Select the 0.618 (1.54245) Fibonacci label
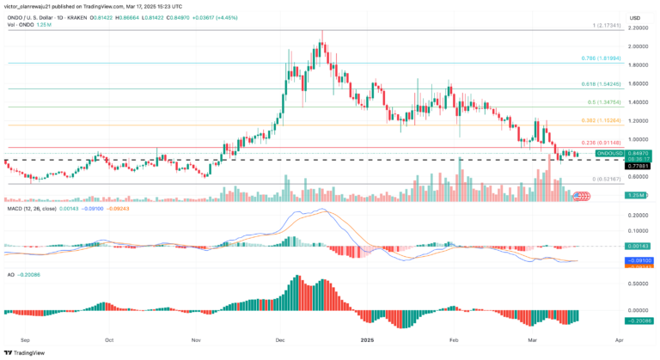pyautogui.click(x=600, y=84)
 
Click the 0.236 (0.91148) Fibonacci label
pyautogui.click(x=601, y=143)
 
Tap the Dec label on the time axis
pyautogui.click(x=278, y=339)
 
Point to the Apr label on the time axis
pyautogui.click(x=620, y=339)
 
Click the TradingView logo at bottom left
pyautogui.click(x=26, y=351)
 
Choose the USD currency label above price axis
pyautogui.click(x=634, y=17)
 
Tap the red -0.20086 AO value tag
pyautogui.click(x=639, y=320)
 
